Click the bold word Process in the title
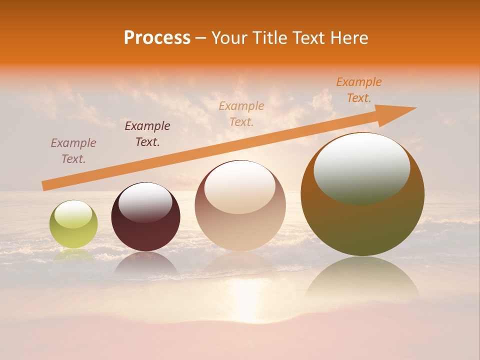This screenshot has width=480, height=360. [157, 38]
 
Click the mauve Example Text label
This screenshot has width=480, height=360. [73, 150]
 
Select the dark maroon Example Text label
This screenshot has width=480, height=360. [147, 133]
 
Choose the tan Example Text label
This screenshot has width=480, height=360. [241, 113]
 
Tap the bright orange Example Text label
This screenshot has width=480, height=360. [358, 90]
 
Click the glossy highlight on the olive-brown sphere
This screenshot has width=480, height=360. [361, 167]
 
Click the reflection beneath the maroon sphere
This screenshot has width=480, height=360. [145, 264]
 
